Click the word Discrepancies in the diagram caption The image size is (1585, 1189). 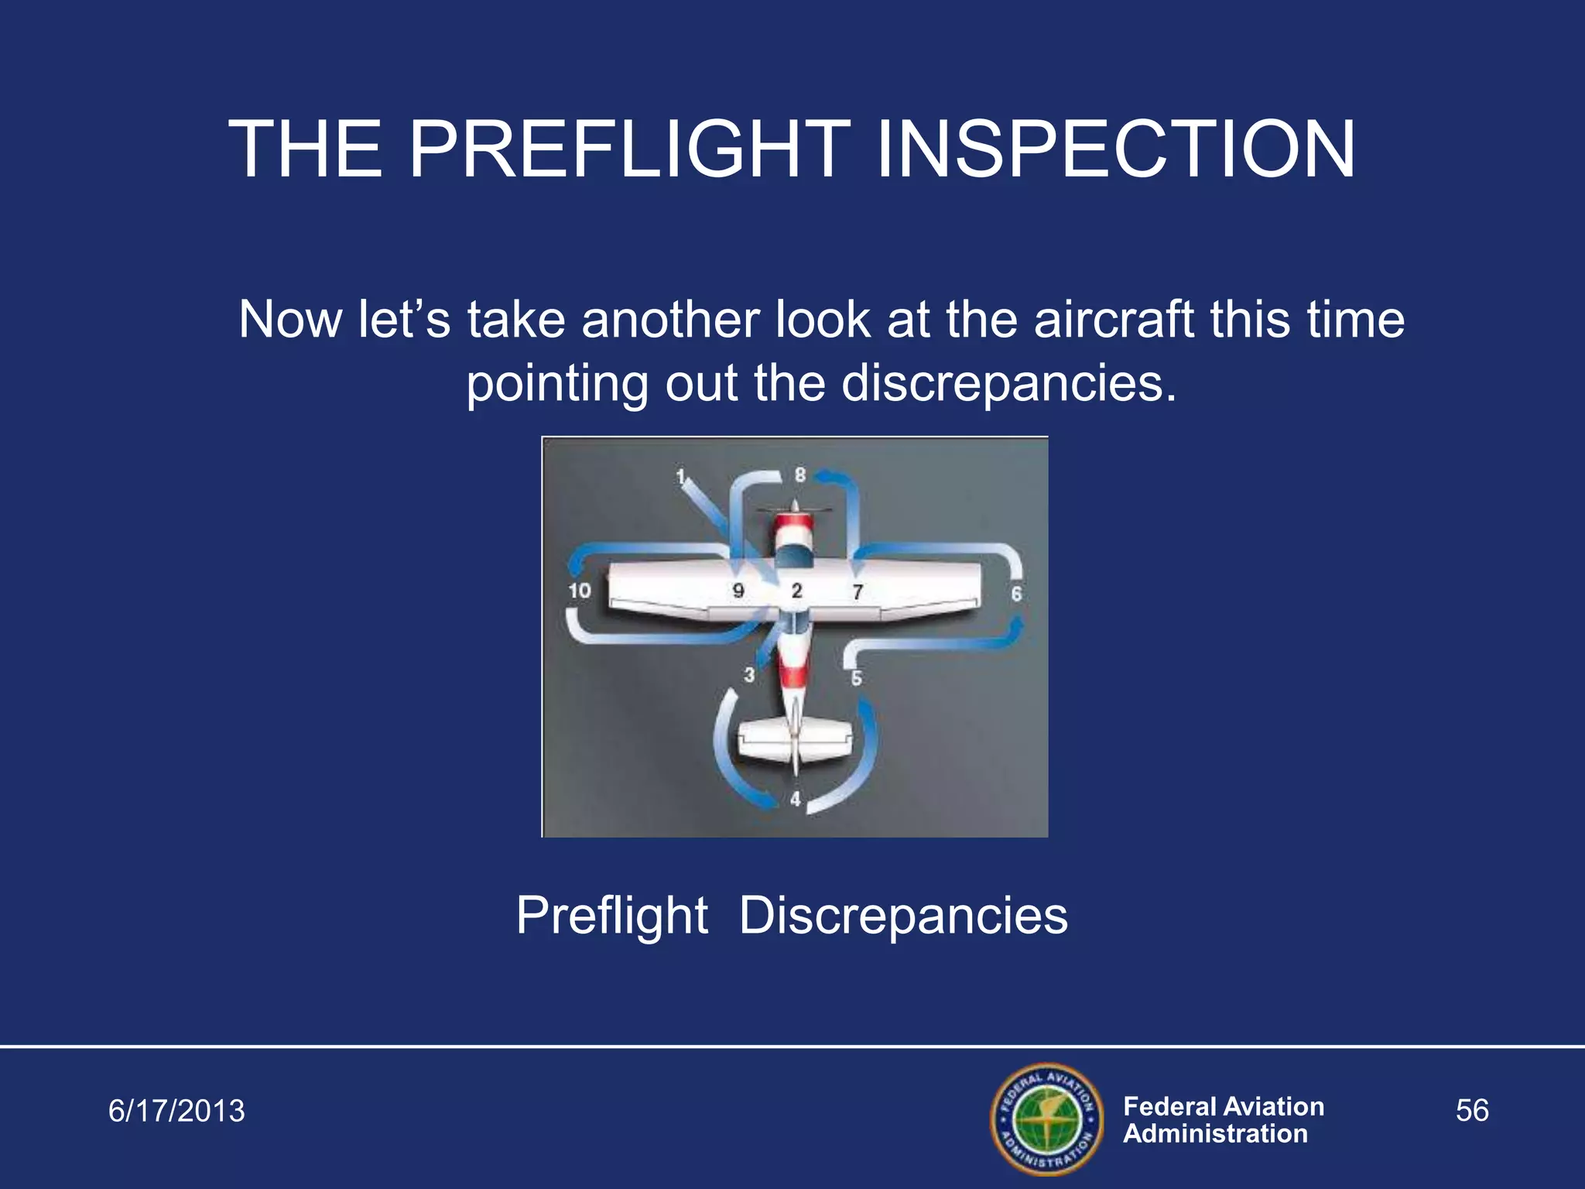coord(903,916)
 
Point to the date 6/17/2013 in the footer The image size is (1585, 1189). coord(176,1111)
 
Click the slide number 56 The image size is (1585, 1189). coord(1472,1111)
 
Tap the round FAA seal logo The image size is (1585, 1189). coord(1046,1119)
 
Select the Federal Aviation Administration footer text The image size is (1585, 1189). coord(1223,1119)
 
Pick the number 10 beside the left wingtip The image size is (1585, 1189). coord(580,591)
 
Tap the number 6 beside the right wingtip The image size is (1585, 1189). coord(1016,594)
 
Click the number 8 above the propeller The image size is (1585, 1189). coord(800,475)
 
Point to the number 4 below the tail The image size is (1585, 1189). coord(796,799)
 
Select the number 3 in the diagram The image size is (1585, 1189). coord(749,675)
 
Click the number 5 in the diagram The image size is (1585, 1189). coord(857,678)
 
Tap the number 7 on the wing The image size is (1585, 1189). coord(858,592)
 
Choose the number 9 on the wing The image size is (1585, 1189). coord(738,591)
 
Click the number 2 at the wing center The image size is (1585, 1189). coord(797,591)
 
